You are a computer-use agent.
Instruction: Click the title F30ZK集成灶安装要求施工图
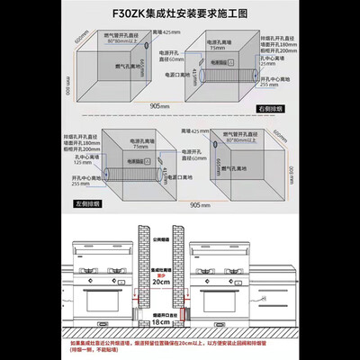pos(179,14)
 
